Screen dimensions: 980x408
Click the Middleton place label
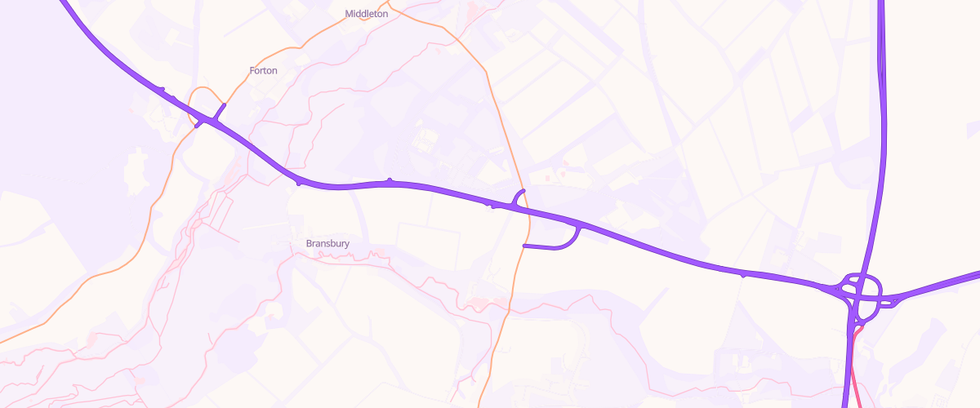click(367, 14)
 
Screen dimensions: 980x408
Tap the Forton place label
click(263, 71)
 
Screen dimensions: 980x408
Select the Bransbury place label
click(327, 243)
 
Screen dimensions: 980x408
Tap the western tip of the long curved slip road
click(523, 246)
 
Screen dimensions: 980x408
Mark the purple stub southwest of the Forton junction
click(201, 124)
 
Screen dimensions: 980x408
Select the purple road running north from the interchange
click(882, 122)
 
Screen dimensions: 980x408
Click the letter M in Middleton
click(350, 14)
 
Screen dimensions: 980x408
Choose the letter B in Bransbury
click(310, 243)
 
